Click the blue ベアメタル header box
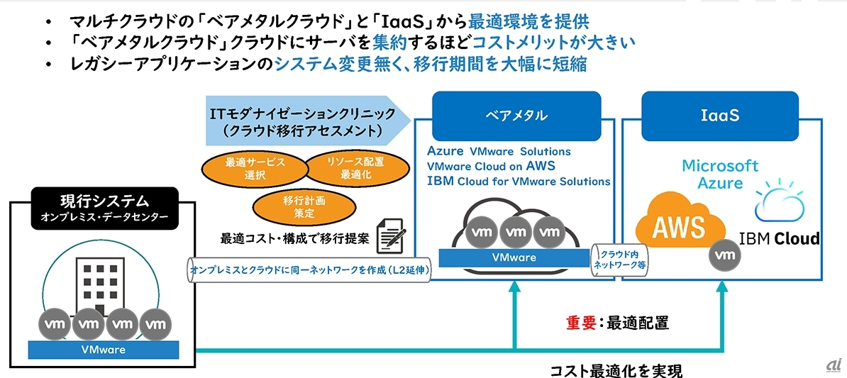(x=516, y=115)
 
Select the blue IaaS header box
(x=721, y=115)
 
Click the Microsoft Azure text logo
(x=720, y=174)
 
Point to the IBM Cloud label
(x=779, y=238)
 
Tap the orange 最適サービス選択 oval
(x=245, y=168)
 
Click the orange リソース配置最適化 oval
(x=356, y=168)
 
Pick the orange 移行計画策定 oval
(x=293, y=206)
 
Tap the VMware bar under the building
(x=104, y=349)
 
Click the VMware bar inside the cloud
(x=516, y=257)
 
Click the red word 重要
(x=580, y=323)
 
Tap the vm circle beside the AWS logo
(x=724, y=254)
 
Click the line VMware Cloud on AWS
(x=491, y=166)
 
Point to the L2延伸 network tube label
(x=309, y=270)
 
